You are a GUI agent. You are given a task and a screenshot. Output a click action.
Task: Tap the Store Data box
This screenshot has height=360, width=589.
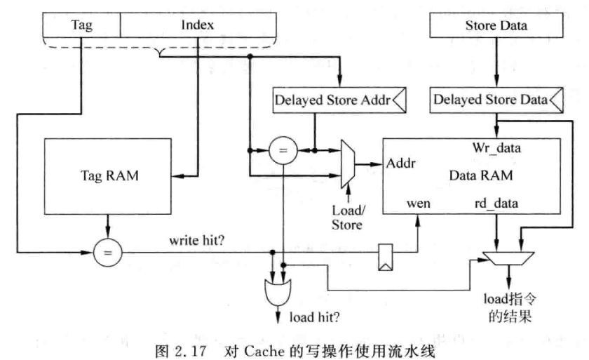[x=496, y=26]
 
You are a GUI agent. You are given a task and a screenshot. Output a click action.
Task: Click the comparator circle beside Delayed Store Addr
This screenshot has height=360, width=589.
[x=283, y=150]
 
